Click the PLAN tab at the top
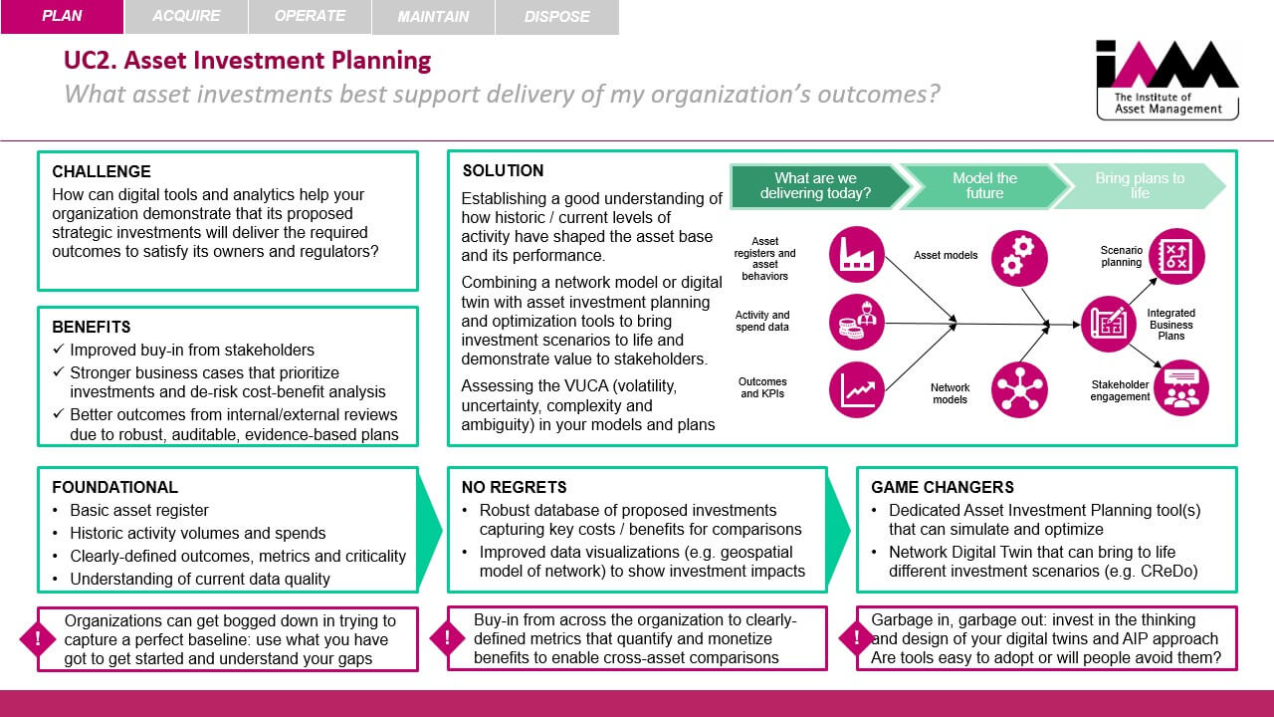pyautogui.click(x=62, y=16)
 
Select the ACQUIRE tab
pyautogui.click(x=186, y=16)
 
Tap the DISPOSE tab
pyautogui.click(x=556, y=17)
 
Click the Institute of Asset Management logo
pyautogui.click(x=1168, y=80)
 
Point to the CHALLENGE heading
pyautogui.click(x=102, y=171)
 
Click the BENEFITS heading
pyautogui.click(x=91, y=327)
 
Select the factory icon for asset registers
pyautogui.click(x=857, y=254)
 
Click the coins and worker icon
pyautogui.click(x=857, y=322)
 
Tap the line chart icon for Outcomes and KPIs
pyautogui.click(x=857, y=389)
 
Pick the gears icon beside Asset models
pyautogui.click(x=1019, y=258)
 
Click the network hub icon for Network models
pyautogui.click(x=1019, y=389)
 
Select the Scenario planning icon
pyautogui.click(x=1176, y=256)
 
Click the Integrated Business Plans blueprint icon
pyautogui.click(x=1108, y=324)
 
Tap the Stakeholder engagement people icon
pyautogui.click(x=1181, y=387)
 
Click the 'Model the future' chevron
pyautogui.click(x=984, y=186)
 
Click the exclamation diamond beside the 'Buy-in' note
pyautogui.click(x=447, y=637)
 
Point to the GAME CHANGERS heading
pyautogui.click(x=943, y=487)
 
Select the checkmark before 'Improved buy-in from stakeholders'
pyautogui.click(x=58, y=349)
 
